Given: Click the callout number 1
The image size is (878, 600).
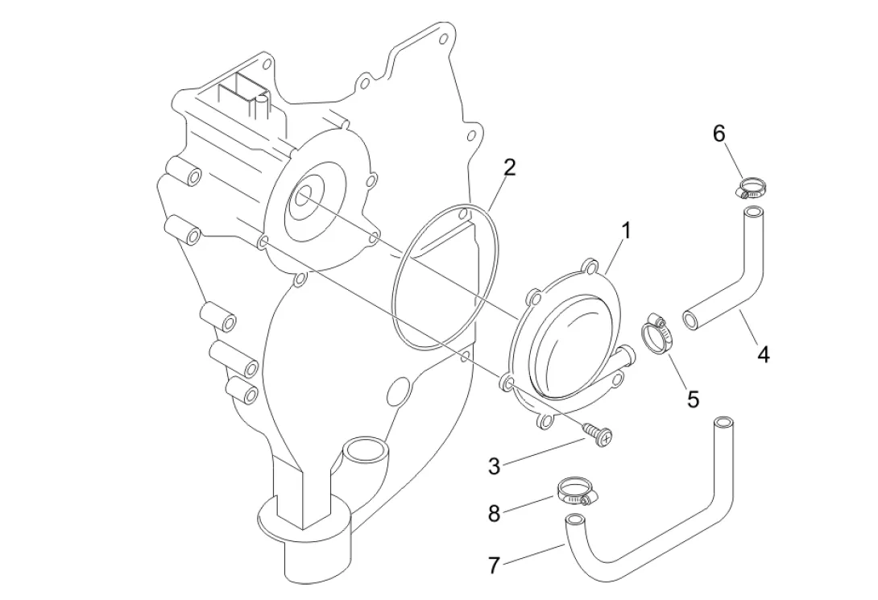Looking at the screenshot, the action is [626, 230].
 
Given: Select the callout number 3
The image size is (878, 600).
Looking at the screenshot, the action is [493, 466].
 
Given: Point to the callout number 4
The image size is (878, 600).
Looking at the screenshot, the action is [763, 354].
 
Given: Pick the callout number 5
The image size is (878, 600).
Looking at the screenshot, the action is [694, 399].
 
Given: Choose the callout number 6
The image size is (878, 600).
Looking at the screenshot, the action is [719, 134].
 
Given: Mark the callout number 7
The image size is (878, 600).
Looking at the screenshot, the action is [493, 565].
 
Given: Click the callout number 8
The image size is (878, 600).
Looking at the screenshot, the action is [493, 513].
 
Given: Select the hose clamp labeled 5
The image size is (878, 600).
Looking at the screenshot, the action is [656, 335].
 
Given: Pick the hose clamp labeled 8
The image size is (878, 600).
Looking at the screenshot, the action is [578, 491].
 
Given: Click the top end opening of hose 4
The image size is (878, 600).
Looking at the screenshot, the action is [753, 213].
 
